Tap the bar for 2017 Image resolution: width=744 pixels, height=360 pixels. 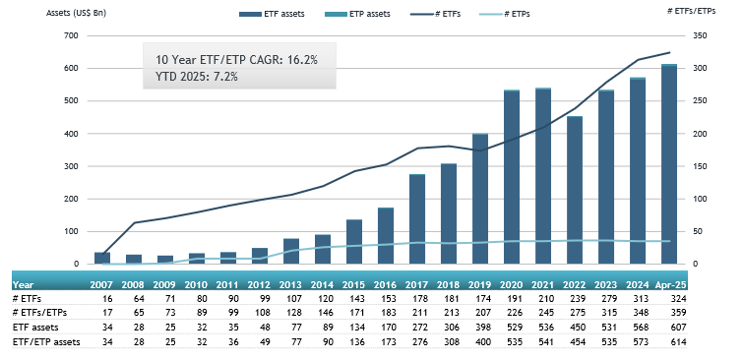(417, 219)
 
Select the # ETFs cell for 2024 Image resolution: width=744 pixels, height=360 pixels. (637, 296)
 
